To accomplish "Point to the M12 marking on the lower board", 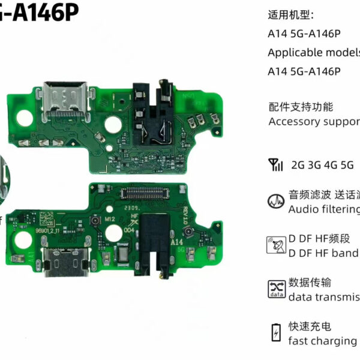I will click(109, 220).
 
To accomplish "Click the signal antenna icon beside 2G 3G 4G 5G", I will click(275, 164).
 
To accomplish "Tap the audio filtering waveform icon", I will click(275, 202).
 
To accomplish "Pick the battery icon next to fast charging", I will click(275, 332).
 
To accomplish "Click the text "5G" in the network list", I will click(347, 164).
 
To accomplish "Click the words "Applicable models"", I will click(313, 52).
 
